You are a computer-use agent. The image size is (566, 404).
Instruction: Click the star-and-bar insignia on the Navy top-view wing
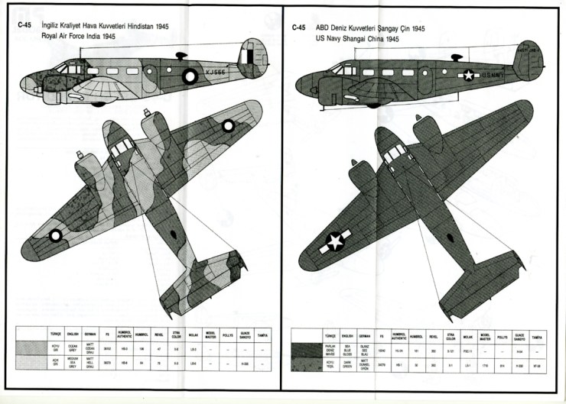335,241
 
